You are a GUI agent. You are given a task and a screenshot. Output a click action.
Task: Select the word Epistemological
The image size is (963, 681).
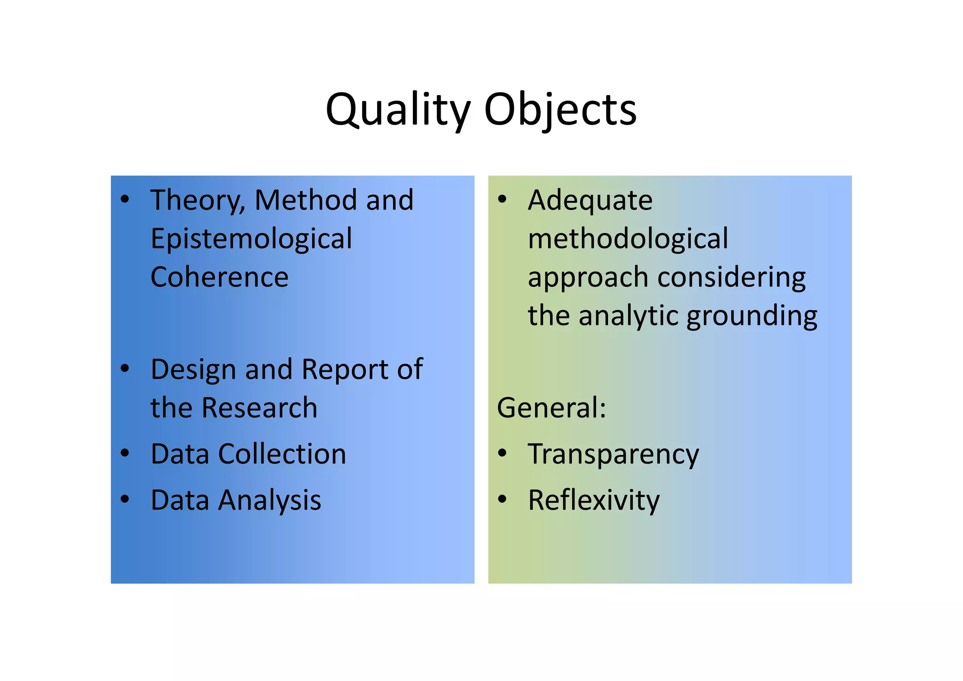coord(251,239)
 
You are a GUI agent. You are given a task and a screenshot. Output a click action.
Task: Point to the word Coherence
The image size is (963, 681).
coord(219,277)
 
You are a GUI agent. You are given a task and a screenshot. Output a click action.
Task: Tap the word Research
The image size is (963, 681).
coord(259,408)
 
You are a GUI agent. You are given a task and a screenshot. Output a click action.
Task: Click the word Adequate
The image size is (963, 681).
coord(590,200)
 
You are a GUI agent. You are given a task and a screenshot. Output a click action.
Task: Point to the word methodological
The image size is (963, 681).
coord(628,239)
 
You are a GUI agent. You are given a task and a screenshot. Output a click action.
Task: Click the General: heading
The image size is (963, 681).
coord(552,408)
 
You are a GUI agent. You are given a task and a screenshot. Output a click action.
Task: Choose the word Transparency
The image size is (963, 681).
coord(613,455)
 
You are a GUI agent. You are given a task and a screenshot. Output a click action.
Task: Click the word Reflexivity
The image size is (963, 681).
coord(593,500)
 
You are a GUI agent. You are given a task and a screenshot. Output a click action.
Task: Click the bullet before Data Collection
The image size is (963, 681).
coord(125,453)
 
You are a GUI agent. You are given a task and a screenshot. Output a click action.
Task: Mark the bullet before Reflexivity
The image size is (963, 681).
coord(502,499)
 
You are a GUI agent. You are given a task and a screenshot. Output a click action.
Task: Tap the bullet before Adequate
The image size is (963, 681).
coord(502,199)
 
